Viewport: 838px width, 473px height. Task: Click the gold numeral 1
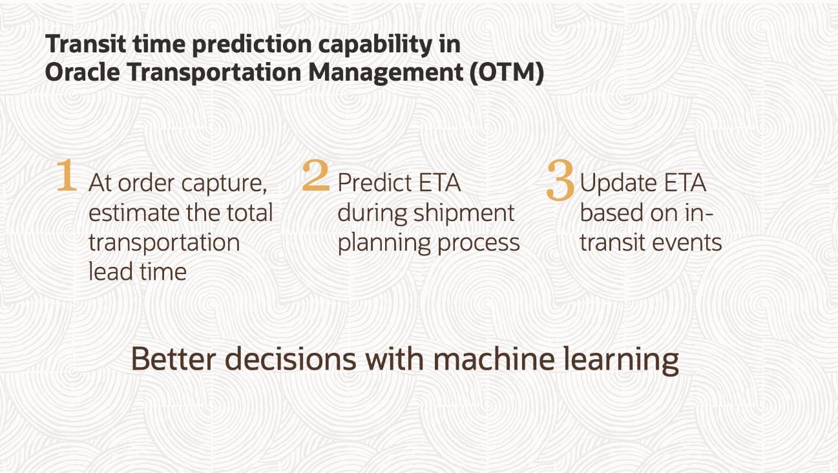pos(67,175)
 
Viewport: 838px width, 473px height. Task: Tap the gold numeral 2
pos(316,175)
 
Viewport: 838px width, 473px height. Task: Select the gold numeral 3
pos(560,180)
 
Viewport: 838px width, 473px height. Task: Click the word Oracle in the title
pos(82,72)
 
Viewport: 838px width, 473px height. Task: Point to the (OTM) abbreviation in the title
pos(507,72)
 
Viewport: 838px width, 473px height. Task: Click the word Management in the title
pos(386,72)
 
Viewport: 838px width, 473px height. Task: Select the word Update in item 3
pos(618,184)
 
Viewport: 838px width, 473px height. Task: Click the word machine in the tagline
pos(494,359)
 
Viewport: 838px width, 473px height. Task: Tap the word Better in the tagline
pos(174,359)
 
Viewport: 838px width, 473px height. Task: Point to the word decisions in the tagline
pos(291,359)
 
